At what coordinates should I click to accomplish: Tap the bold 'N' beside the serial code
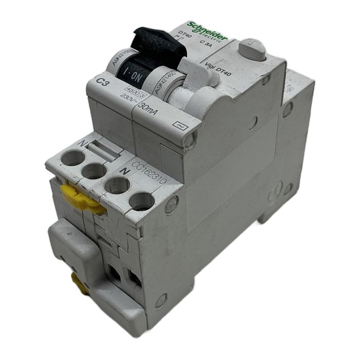(x=122, y=168)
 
